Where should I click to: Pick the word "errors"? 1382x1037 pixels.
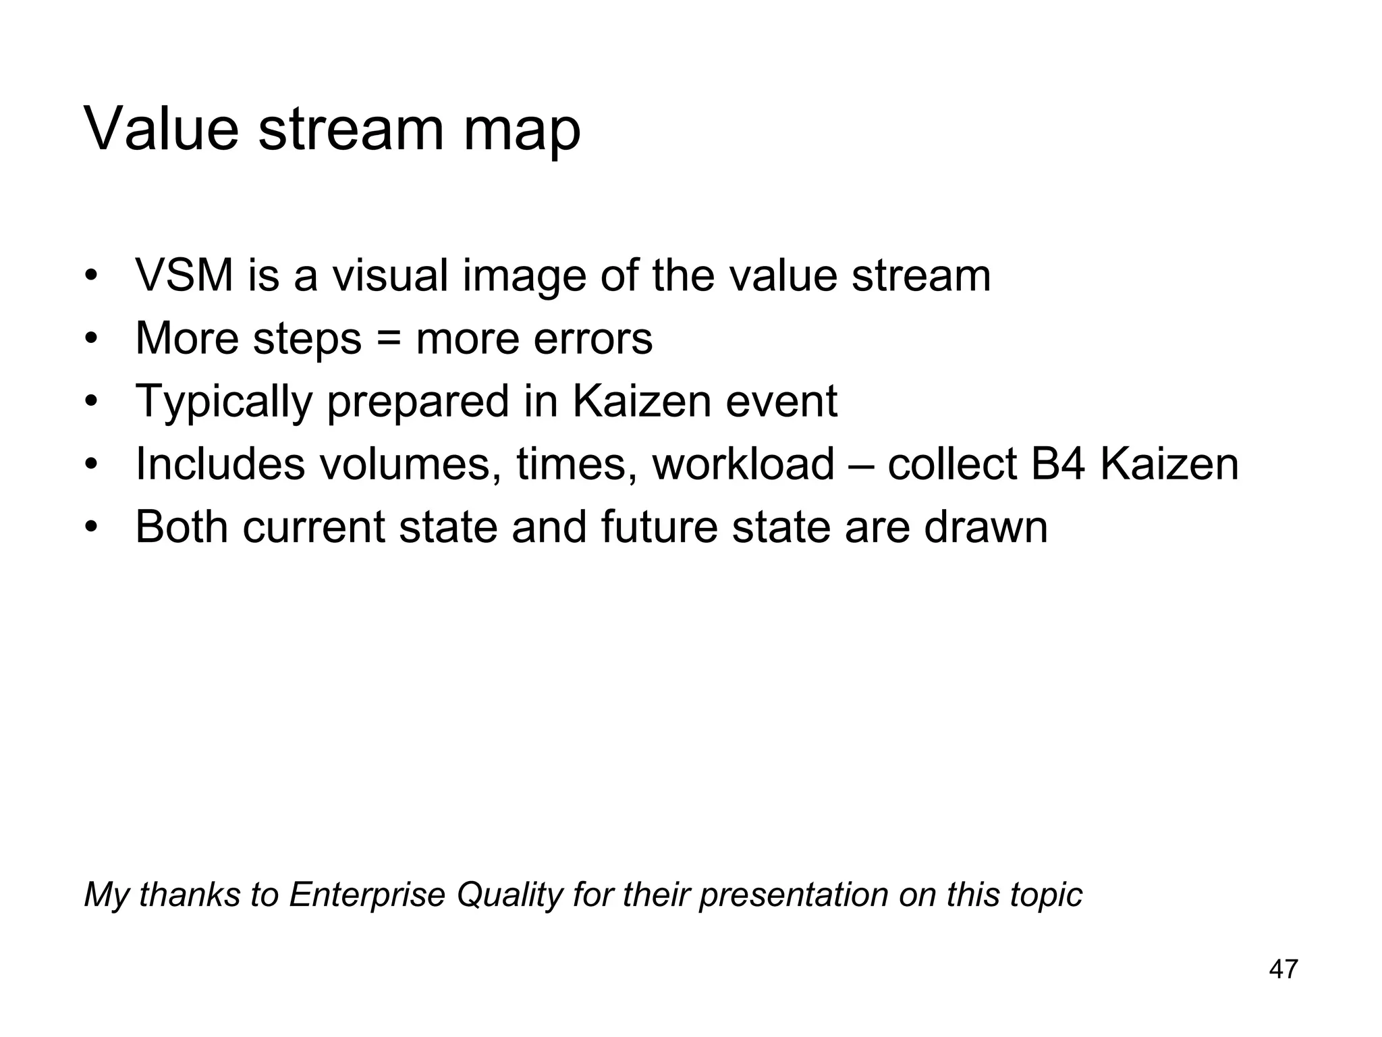(x=592, y=339)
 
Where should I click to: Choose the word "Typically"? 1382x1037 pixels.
(x=223, y=402)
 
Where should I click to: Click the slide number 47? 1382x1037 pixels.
(x=1283, y=969)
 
